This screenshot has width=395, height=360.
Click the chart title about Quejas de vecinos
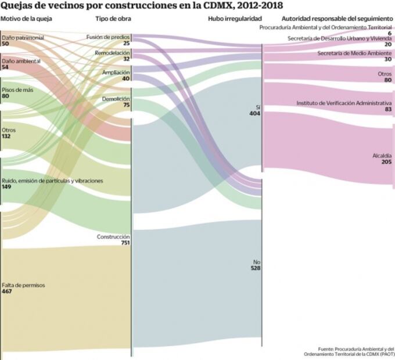[142, 6]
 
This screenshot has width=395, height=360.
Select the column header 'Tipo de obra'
[113, 19]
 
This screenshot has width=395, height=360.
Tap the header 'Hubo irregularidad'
[231, 19]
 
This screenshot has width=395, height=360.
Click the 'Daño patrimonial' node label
[23, 38]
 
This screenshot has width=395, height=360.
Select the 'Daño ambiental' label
[21, 60]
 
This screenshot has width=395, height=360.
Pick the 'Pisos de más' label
[17, 90]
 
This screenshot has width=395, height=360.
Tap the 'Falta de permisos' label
[23, 285]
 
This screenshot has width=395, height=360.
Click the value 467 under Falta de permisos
[8, 291]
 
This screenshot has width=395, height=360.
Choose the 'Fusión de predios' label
[108, 37]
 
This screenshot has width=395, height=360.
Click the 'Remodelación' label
[112, 52]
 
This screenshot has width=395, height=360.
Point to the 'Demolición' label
[116, 99]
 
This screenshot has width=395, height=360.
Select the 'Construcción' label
[113, 237]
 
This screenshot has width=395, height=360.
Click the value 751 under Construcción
[124, 243]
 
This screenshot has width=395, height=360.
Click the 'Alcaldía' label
[382, 156]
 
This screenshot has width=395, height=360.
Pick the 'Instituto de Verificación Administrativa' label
[344, 103]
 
